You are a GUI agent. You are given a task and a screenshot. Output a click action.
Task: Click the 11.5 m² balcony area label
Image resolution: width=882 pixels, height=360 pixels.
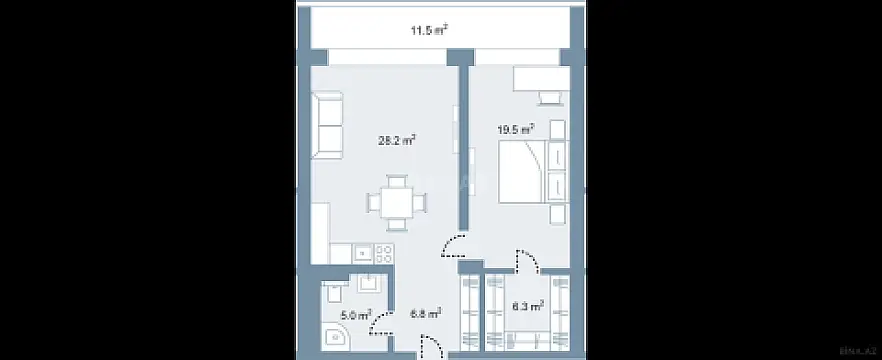coord(428,31)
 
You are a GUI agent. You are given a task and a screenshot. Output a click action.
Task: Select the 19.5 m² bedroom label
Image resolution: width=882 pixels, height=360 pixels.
coord(516,128)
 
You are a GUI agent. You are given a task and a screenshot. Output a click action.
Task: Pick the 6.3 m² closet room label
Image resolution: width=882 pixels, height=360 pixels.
coord(527,306)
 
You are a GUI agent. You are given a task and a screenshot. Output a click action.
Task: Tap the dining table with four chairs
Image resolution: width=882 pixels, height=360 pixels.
coord(397,201)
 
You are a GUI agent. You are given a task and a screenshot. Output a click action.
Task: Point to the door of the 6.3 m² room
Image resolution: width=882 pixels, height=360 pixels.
coord(523,262)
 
